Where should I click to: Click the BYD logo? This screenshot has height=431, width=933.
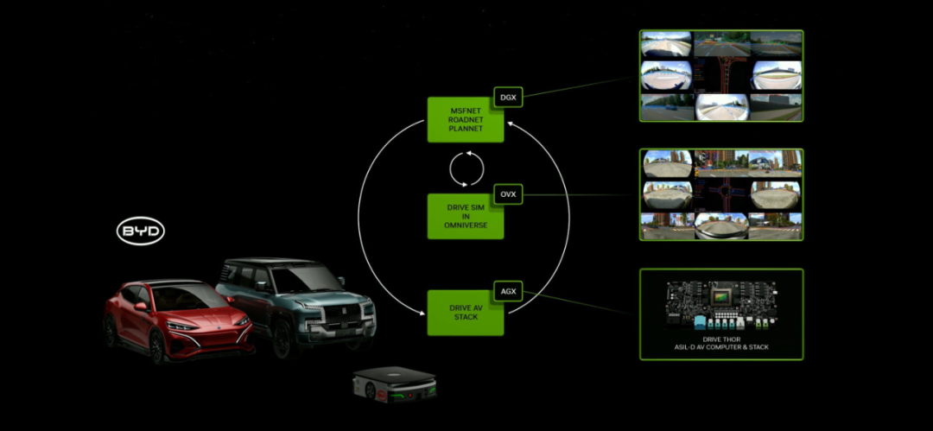[141, 231]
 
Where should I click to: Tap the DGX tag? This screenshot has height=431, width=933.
[507, 98]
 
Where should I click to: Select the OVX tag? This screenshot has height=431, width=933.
[507, 194]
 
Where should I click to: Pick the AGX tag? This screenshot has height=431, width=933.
[507, 291]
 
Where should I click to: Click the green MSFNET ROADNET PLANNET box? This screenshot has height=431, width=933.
[465, 120]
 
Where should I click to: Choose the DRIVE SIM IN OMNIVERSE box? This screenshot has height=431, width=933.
[465, 216]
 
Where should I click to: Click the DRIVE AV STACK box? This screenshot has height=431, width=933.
[465, 313]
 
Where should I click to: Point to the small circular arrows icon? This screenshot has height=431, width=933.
[466, 168]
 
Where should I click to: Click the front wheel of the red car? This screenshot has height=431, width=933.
[158, 346]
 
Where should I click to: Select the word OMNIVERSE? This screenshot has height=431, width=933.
[465, 225]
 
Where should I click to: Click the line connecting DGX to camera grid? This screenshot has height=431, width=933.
[579, 89]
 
